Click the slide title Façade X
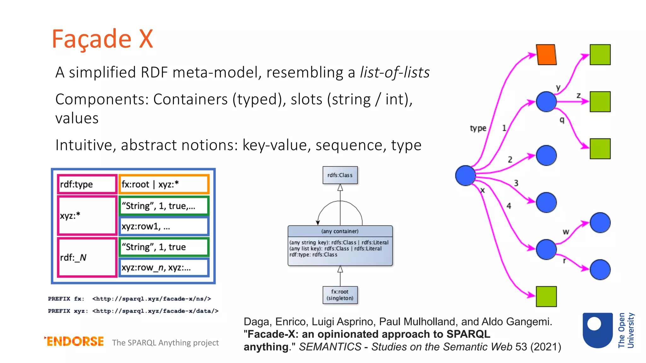[102, 39]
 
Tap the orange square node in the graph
[546, 55]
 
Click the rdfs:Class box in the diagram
[340, 175]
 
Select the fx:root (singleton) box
[340, 295]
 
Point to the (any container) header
[340, 231]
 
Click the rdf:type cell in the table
[87, 184]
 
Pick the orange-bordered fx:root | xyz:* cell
[164, 184]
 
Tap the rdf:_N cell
[87, 257]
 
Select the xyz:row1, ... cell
[164, 227]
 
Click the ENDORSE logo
[74, 341]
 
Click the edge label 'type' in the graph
[478, 128]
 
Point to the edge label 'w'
[566, 232]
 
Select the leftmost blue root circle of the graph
[465, 176]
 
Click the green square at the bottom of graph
[546, 297]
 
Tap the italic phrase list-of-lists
[395, 72]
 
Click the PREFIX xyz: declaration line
[133, 311]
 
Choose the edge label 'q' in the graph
[562, 120]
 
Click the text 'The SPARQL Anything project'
[165, 343]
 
